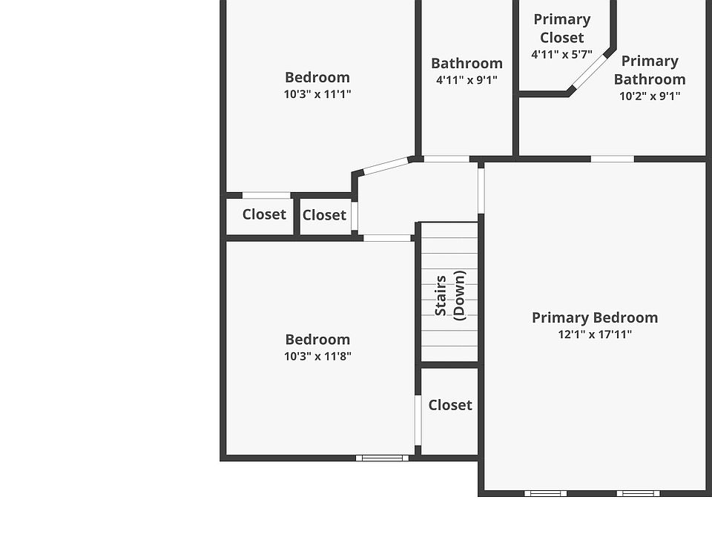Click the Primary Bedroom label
(x=595, y=317)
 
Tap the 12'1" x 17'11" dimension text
(x=595, y=334)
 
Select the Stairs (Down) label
(x=449, y=294)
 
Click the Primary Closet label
(x=562, y=28)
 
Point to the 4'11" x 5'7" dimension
(x=561, y=54)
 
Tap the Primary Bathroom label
(x=650, y=70)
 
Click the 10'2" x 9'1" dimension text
(x=650, y=96)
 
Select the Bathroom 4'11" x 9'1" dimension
(x=467, y=80)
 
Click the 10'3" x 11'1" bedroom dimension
(x=317, y=94)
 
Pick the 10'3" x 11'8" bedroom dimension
(x=317, y=356)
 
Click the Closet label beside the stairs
(x=450, y=405)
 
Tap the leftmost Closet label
(x=264, y=214)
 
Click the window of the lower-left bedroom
(x=382, y=458)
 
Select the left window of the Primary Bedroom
(x=545, y=493)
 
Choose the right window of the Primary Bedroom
(x=637, y=493)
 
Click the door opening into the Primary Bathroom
(x=613, y=159)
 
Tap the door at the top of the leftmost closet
(x=266, y=196)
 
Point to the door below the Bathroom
(x=446, y=159)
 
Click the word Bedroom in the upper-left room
(x=317, y=77)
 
